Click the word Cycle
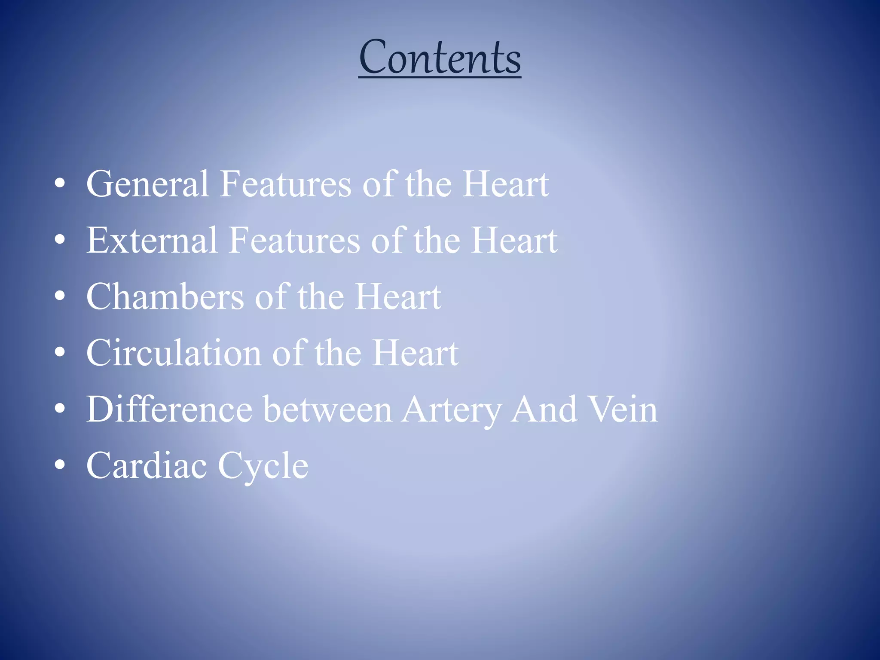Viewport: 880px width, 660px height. coord(263,467)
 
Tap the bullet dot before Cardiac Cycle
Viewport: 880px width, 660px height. coord(60,465)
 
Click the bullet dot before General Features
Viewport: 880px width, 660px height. coord(60,184)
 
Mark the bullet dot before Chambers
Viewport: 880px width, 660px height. coord(60,296)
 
